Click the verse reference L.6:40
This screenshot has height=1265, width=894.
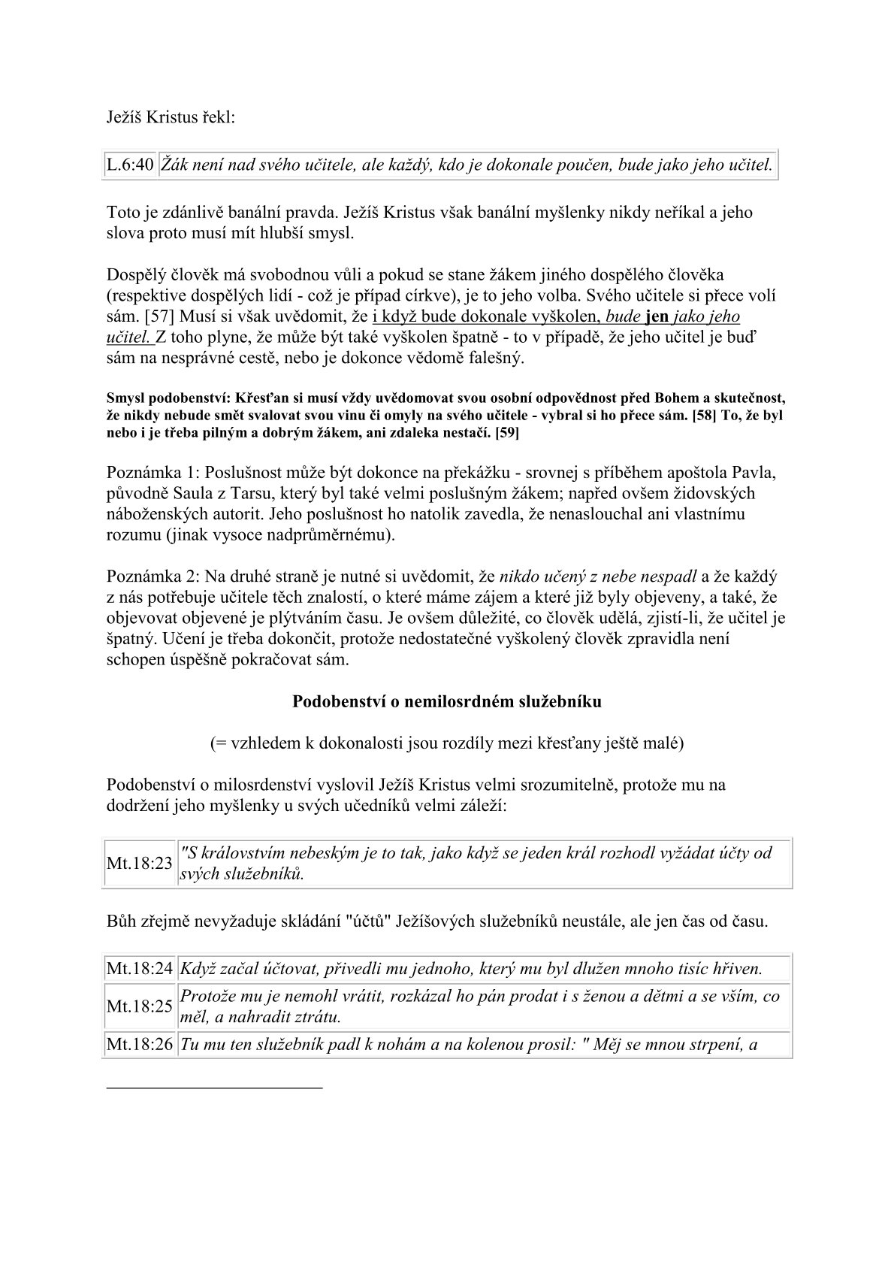(131, 165)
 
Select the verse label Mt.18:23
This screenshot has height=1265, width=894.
(140, 863)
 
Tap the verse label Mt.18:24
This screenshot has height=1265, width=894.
(140, 969)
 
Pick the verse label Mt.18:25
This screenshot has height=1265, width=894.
(140, 1006)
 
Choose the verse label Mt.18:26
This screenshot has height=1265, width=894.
(140, 1044)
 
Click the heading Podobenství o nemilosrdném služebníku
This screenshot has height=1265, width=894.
(446, 702)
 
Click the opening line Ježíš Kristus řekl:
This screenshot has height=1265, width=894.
(171, 117)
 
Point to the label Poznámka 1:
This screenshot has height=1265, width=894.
(153, 474)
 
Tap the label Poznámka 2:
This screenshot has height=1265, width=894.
(153, 577)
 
